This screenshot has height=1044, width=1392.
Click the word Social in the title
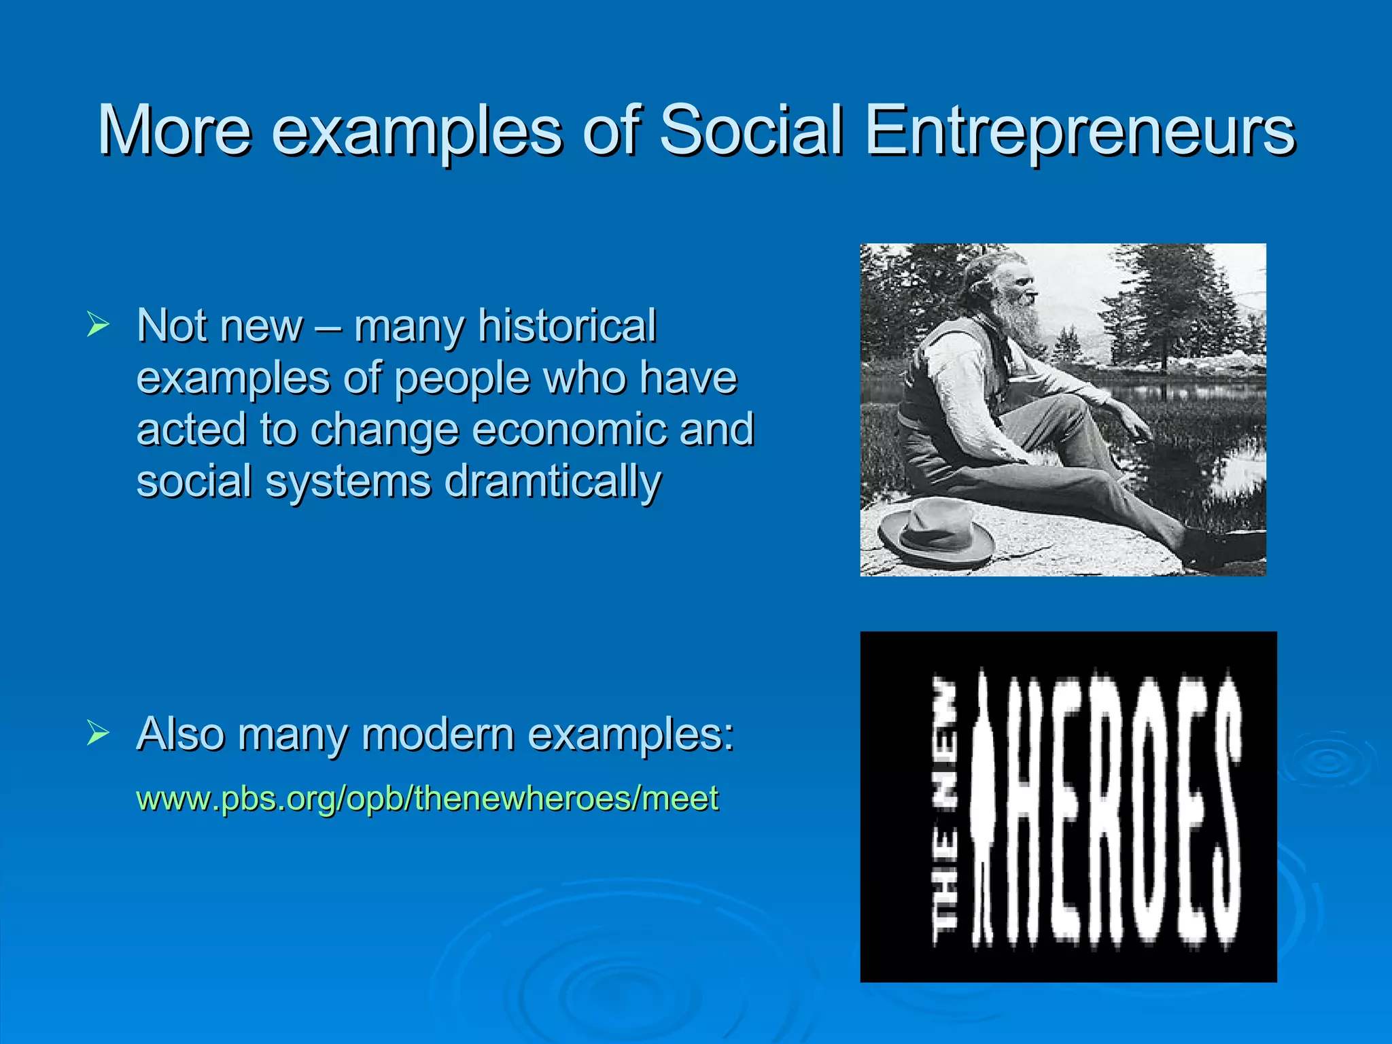[751, 130]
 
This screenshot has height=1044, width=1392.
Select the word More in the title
[174, 130]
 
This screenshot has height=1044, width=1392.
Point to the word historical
[567, 326]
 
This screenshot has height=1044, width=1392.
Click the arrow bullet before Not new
[98, 325]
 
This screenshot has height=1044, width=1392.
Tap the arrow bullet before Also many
[98, 733]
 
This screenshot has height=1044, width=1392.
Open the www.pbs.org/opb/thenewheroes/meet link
[427, 798]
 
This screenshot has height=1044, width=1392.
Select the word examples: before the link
[631, 736]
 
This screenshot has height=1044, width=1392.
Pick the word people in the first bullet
[463, 379]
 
